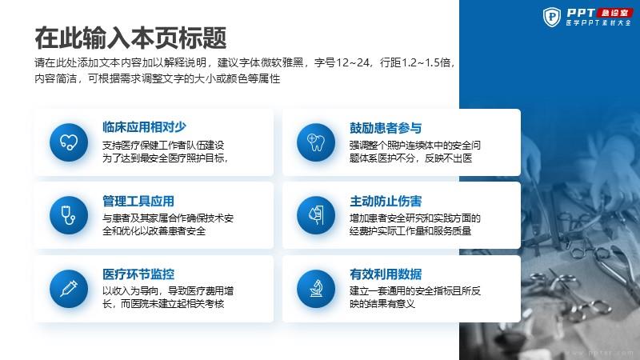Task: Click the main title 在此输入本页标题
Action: coord(130,38)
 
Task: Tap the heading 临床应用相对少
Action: coord(145,127)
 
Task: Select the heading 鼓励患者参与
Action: coord(386,128)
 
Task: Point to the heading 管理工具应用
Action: coord(138,201)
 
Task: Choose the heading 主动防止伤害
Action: coord(386,201)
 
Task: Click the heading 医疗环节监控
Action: coord(138,274)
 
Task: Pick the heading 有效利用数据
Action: coord(386,274)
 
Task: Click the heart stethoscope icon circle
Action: coord(69,142)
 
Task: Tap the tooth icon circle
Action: coord(316,142)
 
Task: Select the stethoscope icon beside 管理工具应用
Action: coord(69,215)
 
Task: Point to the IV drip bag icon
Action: coord(316,215)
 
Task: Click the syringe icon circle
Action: coord(69,289)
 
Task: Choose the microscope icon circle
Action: coord(316,289)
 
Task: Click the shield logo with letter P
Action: coord(552,17)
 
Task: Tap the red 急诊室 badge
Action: coord(614,13)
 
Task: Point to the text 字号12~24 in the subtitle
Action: coord(342,62)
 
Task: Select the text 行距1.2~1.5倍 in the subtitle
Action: coord(415,62)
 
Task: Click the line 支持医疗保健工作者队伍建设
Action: coord(163,146)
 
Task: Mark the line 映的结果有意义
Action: coord(382,304)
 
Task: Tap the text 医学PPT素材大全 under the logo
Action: coord(598,23)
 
